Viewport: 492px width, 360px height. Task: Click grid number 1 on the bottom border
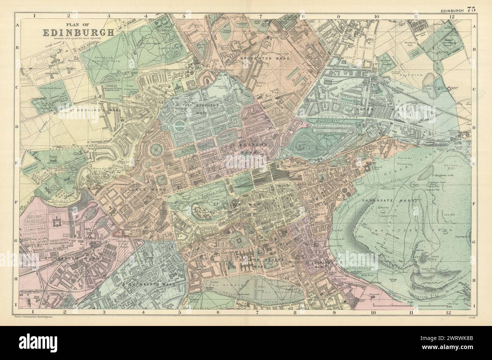pyautogui.click(x=34, y=312)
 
